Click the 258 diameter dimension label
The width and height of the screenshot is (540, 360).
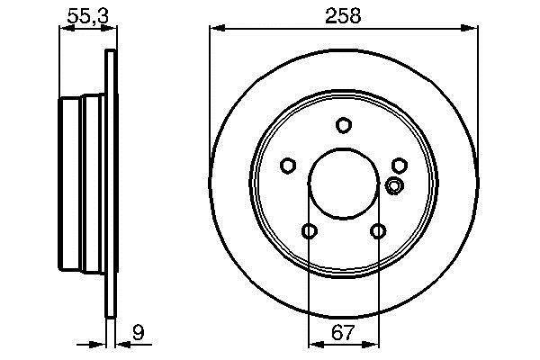pyautogui.click(x=343, y=16)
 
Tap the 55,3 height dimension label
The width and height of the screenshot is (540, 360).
pyautogui.click(x=88, y=16)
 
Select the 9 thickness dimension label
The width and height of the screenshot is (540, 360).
pyautogui.click(x=139, y=332)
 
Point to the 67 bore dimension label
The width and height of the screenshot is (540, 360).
pyautogui.click(x=343, y=332)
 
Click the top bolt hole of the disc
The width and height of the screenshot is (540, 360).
pyautogui.click(x=344, y=125)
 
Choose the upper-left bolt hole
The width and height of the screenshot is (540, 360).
pyautogui.click(x=288, y=166)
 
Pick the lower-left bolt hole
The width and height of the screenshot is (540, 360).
pyautogui.click(x=310, y=230)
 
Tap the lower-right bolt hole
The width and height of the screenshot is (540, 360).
pyautogui.click(x=378, y=230)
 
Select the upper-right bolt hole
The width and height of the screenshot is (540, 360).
pyautogui.click(x=400, y=166)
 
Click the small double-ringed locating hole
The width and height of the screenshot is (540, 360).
pyautogui.click(x=394, y=185)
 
